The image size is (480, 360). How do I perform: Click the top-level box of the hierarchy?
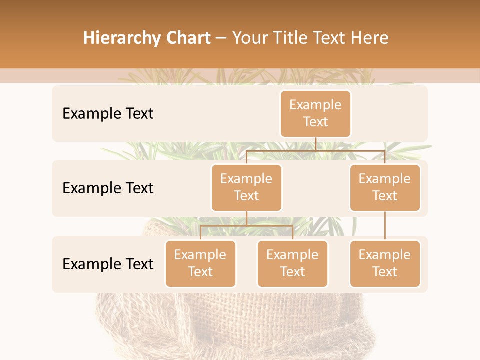tap(315, 113)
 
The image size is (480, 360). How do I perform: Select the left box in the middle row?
tap(246, 187)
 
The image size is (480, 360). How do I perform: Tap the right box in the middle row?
tap(385, 187)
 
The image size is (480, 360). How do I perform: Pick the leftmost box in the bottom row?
tap(200, 263)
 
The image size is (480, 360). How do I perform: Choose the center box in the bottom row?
tap(292, 263)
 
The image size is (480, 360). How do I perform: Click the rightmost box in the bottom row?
tap(385, 263)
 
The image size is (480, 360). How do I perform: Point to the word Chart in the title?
tap(186, 38)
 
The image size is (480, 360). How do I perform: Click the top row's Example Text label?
tap(108, 114)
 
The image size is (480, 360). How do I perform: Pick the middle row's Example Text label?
tap(108, 188)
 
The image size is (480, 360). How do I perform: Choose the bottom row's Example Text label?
tap(108, 264)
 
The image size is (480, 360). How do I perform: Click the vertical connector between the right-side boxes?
tap(385, 226)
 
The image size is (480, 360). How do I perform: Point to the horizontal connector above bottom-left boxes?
tap(246, 226)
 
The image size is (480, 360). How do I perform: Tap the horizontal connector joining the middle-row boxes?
tap(315, 150)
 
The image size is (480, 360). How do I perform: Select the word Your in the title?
tap(250, 38)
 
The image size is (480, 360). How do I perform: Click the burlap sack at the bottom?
tap(240, 325)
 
